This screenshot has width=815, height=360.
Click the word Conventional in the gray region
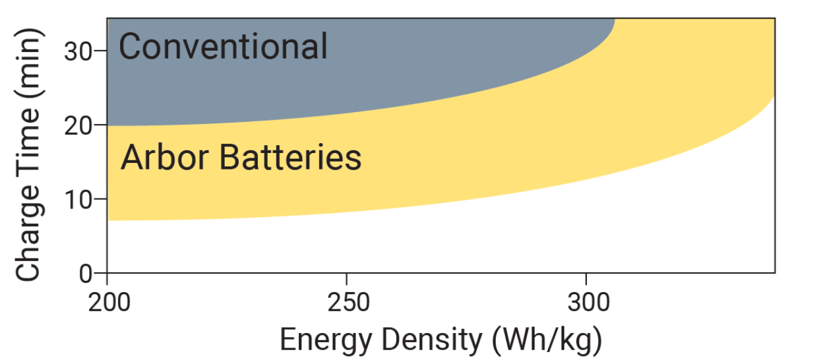[x=223, y=47]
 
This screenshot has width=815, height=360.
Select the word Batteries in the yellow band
[x=290, y=158]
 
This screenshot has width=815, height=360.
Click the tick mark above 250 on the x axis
[x=347, y=276]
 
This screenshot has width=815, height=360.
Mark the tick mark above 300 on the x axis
[x=586, y=276]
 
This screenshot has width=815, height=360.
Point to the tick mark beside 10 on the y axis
[x=102, y=198]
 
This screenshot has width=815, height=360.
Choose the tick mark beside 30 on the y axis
[x=102, y=51]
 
